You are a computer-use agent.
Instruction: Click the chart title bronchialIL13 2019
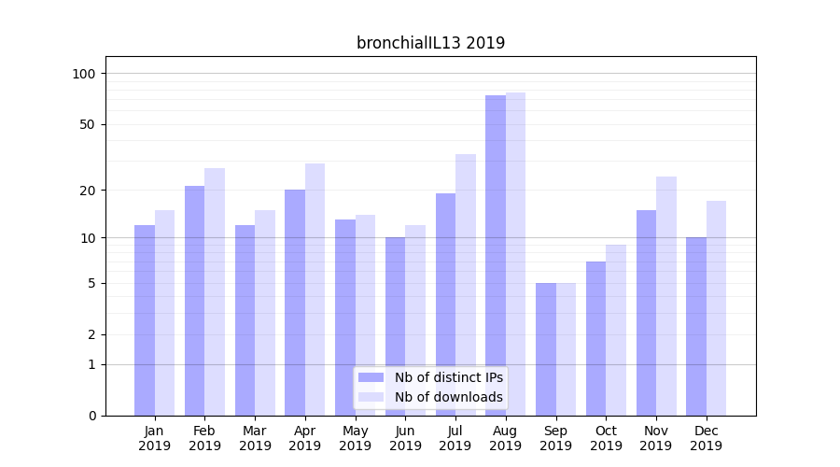pos(430,43)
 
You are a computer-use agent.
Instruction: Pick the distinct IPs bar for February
pos(194,300)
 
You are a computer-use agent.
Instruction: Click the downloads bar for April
pos(315,289)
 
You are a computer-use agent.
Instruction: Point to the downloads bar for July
pos(465,284)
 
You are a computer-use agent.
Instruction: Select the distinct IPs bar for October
pos(595,338)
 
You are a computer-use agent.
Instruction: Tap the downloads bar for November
pos(665,295)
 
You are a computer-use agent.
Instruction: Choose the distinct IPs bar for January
pos(145,319)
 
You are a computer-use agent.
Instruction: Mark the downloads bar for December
pos(716,307)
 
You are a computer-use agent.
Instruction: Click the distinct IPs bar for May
pos(345,317)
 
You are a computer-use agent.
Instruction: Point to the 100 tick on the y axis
pos(83,74)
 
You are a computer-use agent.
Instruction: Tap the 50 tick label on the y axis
pos(87,124)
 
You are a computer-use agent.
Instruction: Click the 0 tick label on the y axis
pos(91,416)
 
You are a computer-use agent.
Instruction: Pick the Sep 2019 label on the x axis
pos(555,438)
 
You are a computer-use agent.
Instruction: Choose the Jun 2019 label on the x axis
pos(405,438)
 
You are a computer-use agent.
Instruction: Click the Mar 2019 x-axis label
pos(255,438)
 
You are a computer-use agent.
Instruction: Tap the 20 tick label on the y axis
pos(87,191)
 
